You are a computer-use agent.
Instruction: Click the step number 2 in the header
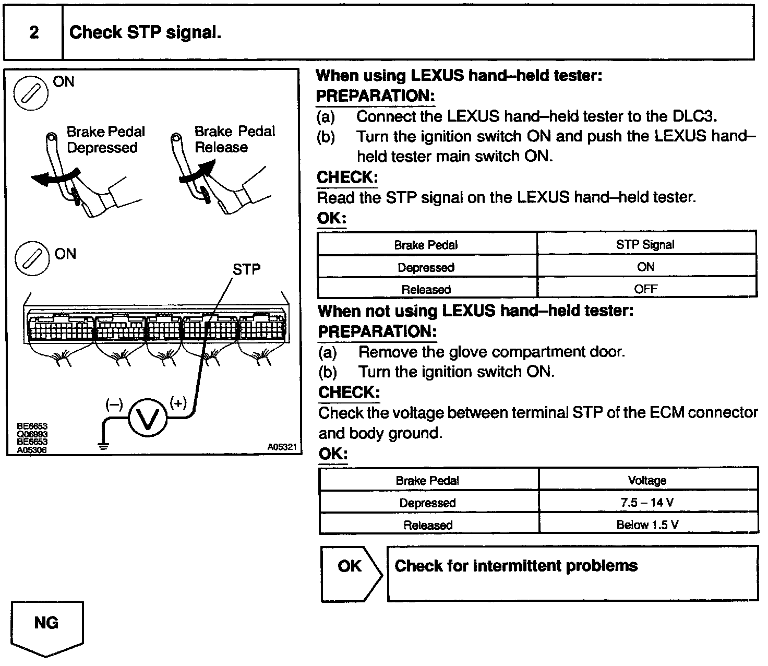tap(34, 33)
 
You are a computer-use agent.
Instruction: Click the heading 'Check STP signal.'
tap(145, 33)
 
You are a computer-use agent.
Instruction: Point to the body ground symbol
tap(103, 445)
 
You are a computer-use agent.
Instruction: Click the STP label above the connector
tap(246, 269)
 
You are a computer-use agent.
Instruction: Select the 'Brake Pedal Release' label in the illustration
tap(234, 139)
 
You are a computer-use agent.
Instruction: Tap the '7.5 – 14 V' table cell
tap(647, 503)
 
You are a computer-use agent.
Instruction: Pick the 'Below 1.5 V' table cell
tap(647, 525)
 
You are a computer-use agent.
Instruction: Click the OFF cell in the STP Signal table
tap(645, 288)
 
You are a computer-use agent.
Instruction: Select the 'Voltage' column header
tap(647, 480)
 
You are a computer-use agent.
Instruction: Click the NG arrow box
tap(46, 626)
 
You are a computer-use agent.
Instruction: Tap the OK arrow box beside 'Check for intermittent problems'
tap(351, 573)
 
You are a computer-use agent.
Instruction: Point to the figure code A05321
tap(282, 447)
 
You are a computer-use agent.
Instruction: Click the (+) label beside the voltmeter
tap(178, 402)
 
